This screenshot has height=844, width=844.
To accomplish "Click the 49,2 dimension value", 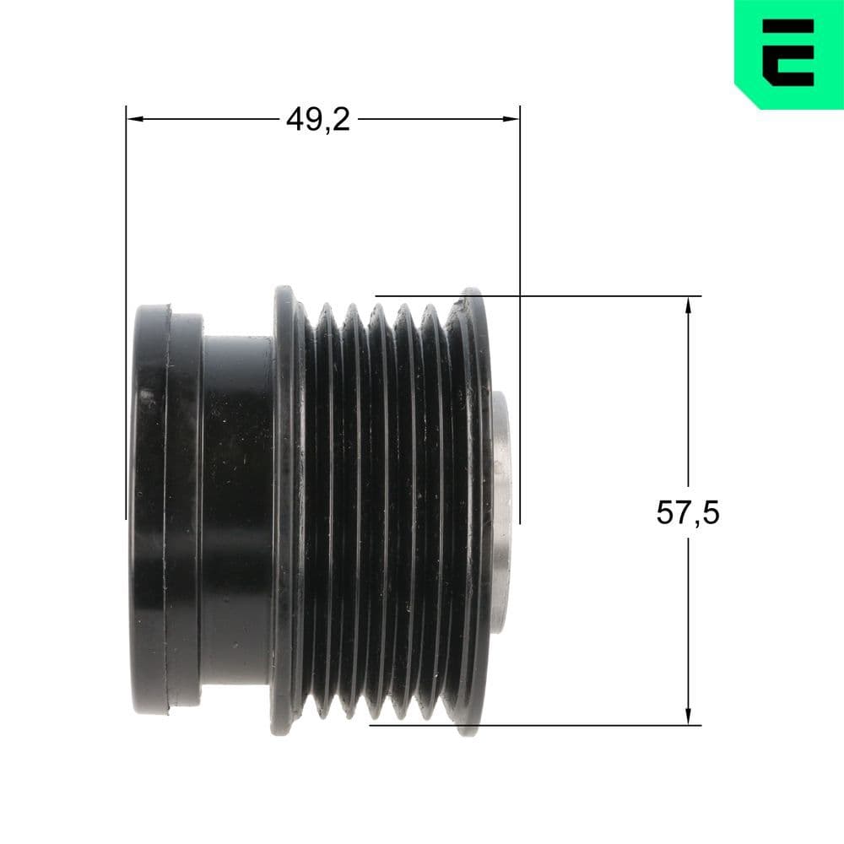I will [x=317, y=120].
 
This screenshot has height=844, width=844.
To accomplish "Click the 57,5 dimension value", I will [x=688, y=512].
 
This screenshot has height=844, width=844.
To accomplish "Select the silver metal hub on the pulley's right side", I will [x=502, y=511].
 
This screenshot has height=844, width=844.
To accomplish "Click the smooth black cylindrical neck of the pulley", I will [x=236, y=511].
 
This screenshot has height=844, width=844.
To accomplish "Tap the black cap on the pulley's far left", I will [x=152, y=511].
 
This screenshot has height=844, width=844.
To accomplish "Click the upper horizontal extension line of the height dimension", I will [x=591, y=296].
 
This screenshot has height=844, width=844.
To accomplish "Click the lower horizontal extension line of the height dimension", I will [x=591, y=725].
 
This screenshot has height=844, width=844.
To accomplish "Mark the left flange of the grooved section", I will [x=284, y=511].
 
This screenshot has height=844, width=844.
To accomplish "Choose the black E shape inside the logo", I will [x=789, y=52].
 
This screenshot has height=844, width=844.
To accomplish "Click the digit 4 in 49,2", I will [x=295, y=120].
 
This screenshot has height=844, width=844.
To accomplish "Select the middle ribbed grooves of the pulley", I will [x=380, y=511].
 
